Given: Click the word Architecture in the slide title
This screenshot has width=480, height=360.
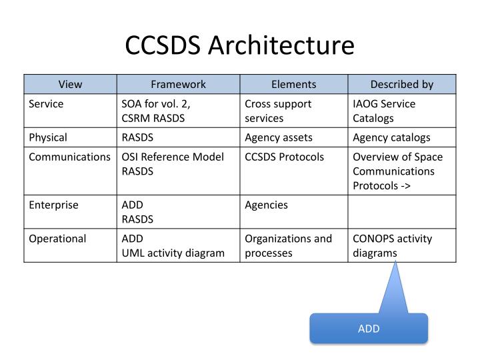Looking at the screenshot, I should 281,46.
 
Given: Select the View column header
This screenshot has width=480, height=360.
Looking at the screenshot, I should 71,85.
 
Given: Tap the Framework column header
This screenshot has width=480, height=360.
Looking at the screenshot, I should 178,85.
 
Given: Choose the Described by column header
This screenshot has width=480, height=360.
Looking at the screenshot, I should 401,85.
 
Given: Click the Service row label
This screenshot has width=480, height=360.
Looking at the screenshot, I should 46,105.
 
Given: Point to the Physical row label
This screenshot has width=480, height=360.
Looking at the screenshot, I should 48,138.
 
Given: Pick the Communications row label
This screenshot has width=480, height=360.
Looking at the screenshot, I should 70,157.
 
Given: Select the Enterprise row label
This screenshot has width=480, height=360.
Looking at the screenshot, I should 53,205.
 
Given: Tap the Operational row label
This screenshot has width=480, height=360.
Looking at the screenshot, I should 57,239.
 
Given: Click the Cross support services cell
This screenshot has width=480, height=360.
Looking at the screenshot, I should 278,111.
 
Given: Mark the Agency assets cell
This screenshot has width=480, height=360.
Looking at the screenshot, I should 279,138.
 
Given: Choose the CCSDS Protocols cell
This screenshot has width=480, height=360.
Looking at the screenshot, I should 284,157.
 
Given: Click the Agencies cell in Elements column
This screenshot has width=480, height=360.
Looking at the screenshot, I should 267,205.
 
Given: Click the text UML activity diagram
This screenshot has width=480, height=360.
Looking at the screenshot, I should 173,253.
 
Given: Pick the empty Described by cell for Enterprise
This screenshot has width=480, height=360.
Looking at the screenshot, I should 402,212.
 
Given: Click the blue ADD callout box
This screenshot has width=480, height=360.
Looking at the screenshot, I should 368,329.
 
